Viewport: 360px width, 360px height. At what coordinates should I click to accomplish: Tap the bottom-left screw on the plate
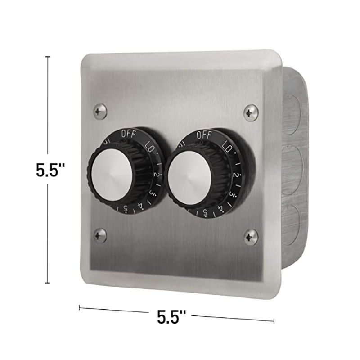pyautogui.click(x=100, y=235)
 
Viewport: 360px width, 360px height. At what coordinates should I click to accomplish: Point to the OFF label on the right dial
pyautogui.click(x=204, y=134)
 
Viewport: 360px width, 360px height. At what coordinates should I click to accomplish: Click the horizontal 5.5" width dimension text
pyautogui.click(x=171, y=318)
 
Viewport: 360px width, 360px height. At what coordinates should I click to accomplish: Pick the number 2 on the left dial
pyautogui.click(x=155, y=174)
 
